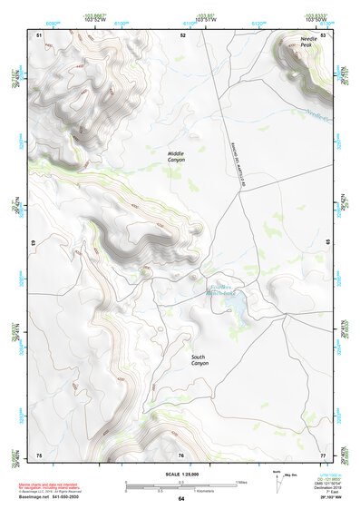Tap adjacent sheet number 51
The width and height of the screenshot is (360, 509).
(39, 34)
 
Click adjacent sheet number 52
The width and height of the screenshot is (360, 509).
(182, 34)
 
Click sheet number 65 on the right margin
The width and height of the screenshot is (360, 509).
(328, 243)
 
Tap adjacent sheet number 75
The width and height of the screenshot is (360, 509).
(39, 455)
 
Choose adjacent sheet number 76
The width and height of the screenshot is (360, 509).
(181, 455)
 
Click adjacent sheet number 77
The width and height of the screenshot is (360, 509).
(322, 455)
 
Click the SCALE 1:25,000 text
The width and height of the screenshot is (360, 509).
(180, 472)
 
